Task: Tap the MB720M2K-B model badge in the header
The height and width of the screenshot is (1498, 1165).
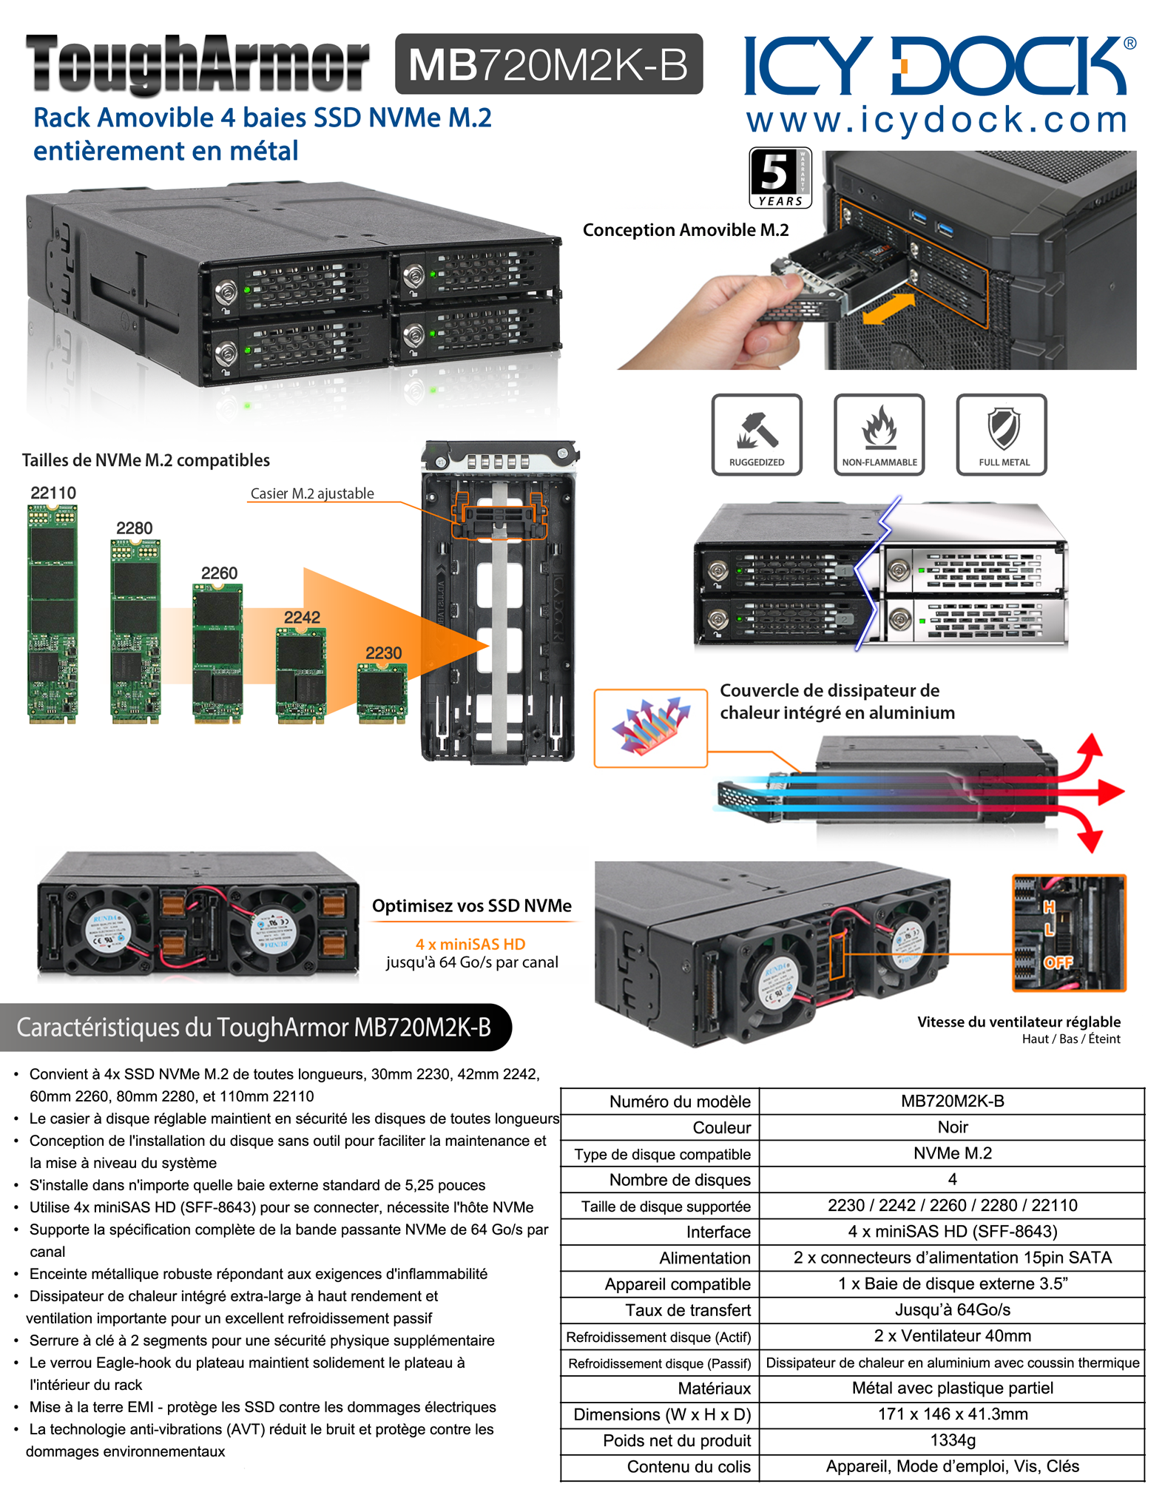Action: (548, 64)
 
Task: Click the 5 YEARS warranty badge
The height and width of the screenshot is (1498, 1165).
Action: (780, 178)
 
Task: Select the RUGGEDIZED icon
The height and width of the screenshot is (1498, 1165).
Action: (756, 434)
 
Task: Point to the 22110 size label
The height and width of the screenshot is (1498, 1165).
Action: (53, 493)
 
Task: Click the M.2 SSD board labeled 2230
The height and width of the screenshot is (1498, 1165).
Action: (382, 692)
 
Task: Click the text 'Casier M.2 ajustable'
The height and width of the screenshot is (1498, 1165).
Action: (312, 493)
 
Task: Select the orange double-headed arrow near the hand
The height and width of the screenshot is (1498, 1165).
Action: (888, 308)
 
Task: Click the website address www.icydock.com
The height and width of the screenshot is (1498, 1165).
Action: (936, 120)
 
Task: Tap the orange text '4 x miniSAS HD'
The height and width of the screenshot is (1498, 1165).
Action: (470, 944)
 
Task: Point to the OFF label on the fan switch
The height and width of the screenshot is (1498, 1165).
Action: (1058, 962)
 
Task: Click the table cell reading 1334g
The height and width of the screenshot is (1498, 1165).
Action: (952, 1440)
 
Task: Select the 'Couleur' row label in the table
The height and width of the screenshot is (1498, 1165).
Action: (721, 1127)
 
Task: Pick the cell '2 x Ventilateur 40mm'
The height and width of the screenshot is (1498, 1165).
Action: (952, 1336)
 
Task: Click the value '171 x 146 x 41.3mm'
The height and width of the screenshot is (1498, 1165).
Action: (952, 1414)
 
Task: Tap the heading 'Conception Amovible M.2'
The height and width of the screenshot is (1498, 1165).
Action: (686, 230)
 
